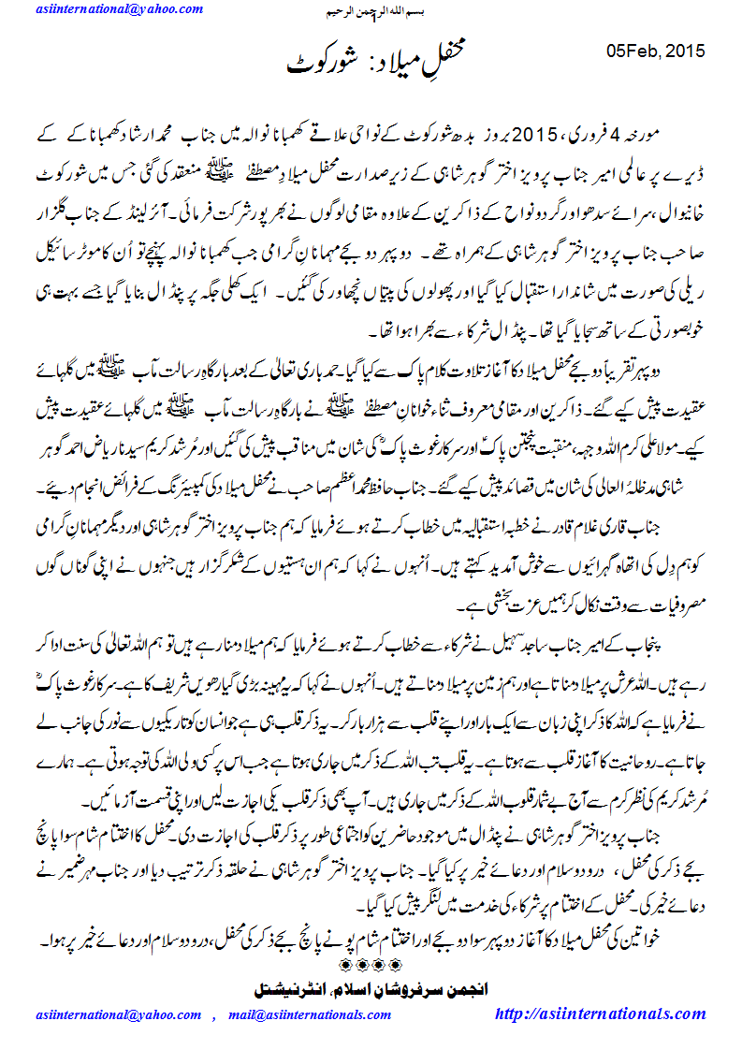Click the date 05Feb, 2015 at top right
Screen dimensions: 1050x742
click(x=656, y=51)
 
